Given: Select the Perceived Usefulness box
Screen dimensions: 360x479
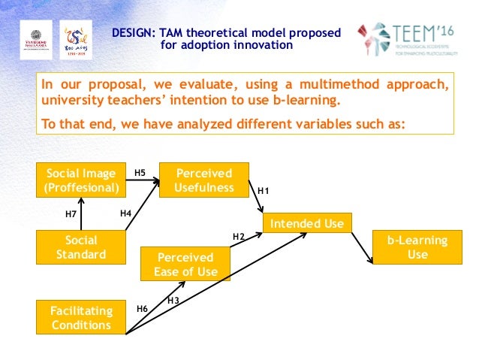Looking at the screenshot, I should (x=204, y=180).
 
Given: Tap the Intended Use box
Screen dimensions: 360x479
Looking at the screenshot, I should (x=306, y=223).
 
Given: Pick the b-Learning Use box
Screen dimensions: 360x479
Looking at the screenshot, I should (x=417, y=247).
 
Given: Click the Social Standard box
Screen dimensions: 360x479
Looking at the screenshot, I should (x=82, y=247).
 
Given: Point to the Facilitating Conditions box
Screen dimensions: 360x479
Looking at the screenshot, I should (x=82, y=318).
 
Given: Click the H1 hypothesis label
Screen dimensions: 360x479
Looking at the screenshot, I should (x=264, y=192).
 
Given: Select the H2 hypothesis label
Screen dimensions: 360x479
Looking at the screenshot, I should (x=239, y=237).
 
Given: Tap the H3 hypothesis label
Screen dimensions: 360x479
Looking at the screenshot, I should (x=173, y=301).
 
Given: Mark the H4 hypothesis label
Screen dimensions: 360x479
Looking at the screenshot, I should (x=126, y=214).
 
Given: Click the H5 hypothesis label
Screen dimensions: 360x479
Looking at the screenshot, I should (x=140, y=174).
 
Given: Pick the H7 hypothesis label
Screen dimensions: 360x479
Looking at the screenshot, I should (x=71, y=214).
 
